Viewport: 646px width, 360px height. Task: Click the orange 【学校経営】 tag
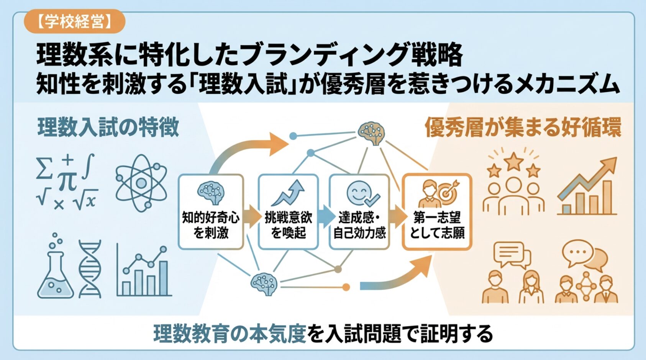pyautogui.click(x=74, y=22)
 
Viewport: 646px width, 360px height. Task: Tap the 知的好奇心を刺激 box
pyautogui.click(x=211, y=212)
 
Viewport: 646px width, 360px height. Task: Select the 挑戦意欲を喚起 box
pyautogui.click(x=288, y=212)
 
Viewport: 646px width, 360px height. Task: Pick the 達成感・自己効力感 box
pyautogui.click(x=359, y=212)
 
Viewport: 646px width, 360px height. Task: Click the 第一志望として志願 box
pyautogui.click(x=437, y=212)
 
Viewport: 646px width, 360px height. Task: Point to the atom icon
pyautogui.click(x=141, y=183)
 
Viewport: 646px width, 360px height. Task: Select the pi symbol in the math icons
pyautogui.click(x=67, y=180)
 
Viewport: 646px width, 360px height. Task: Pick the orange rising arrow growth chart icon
pyautogui.click(x=588, y=187)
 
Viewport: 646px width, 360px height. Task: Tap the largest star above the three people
pyautogui.click(x=513, y=161)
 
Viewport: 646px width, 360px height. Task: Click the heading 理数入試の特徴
pyautogui.click(x=108, y=127)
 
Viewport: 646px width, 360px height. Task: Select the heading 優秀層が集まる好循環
pyautogui.click(x=523, y=127)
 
